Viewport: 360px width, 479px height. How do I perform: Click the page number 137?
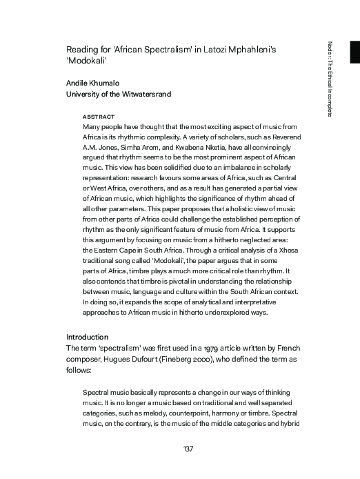point(188,449)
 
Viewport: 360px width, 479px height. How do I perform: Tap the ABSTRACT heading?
point(99,117)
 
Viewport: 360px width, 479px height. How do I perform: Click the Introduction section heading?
point(88,337)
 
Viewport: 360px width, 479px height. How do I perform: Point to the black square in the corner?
point(354,52)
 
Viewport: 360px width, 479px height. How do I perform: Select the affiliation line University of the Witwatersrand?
point(118,94)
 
